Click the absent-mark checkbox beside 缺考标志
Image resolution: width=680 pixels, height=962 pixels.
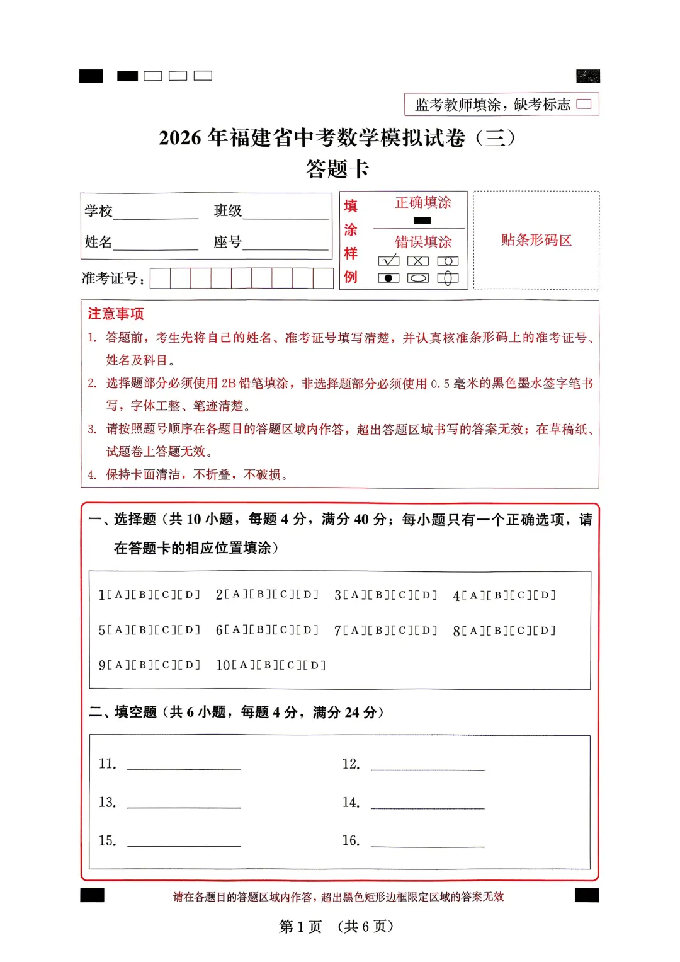tap(584, 104)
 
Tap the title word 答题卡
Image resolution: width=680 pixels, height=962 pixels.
tap(337, 169)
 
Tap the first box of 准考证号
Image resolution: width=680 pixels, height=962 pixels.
tap(161, 278)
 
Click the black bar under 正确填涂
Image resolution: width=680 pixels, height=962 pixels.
tap(422, 220)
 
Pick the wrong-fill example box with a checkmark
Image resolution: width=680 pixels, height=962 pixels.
tap(388, 261)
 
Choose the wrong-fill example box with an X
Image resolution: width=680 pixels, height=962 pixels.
tap(418, 261)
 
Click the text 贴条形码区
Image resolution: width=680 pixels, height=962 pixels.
tap(536, 240)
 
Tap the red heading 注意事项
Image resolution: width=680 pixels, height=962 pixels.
tap(116, 314)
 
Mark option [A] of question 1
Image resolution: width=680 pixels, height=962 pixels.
tap(118, 595)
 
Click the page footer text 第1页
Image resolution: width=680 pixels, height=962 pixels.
tap(300, 926)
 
